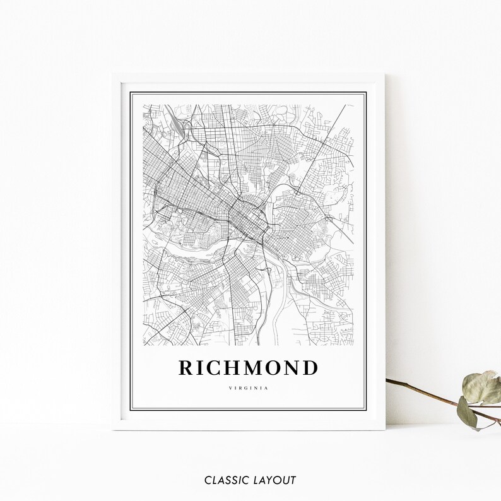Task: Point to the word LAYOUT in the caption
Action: [274, 480]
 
